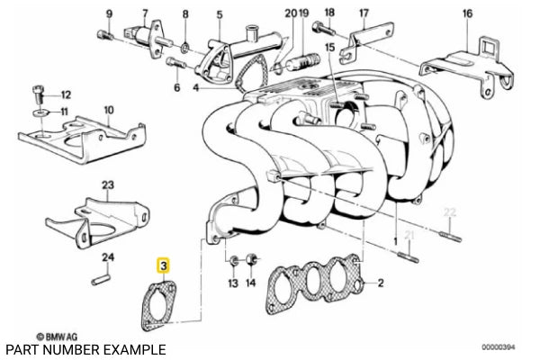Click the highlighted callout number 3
pos(163,266)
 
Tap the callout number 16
pos(466,14)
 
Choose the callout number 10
pos(108,110)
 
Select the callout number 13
pos(232,283)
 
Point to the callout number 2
pos(381,283)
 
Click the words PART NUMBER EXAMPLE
pos(85,348)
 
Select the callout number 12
pos(66,94)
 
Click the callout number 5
pos(218,15)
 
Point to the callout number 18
pos(328,13)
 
